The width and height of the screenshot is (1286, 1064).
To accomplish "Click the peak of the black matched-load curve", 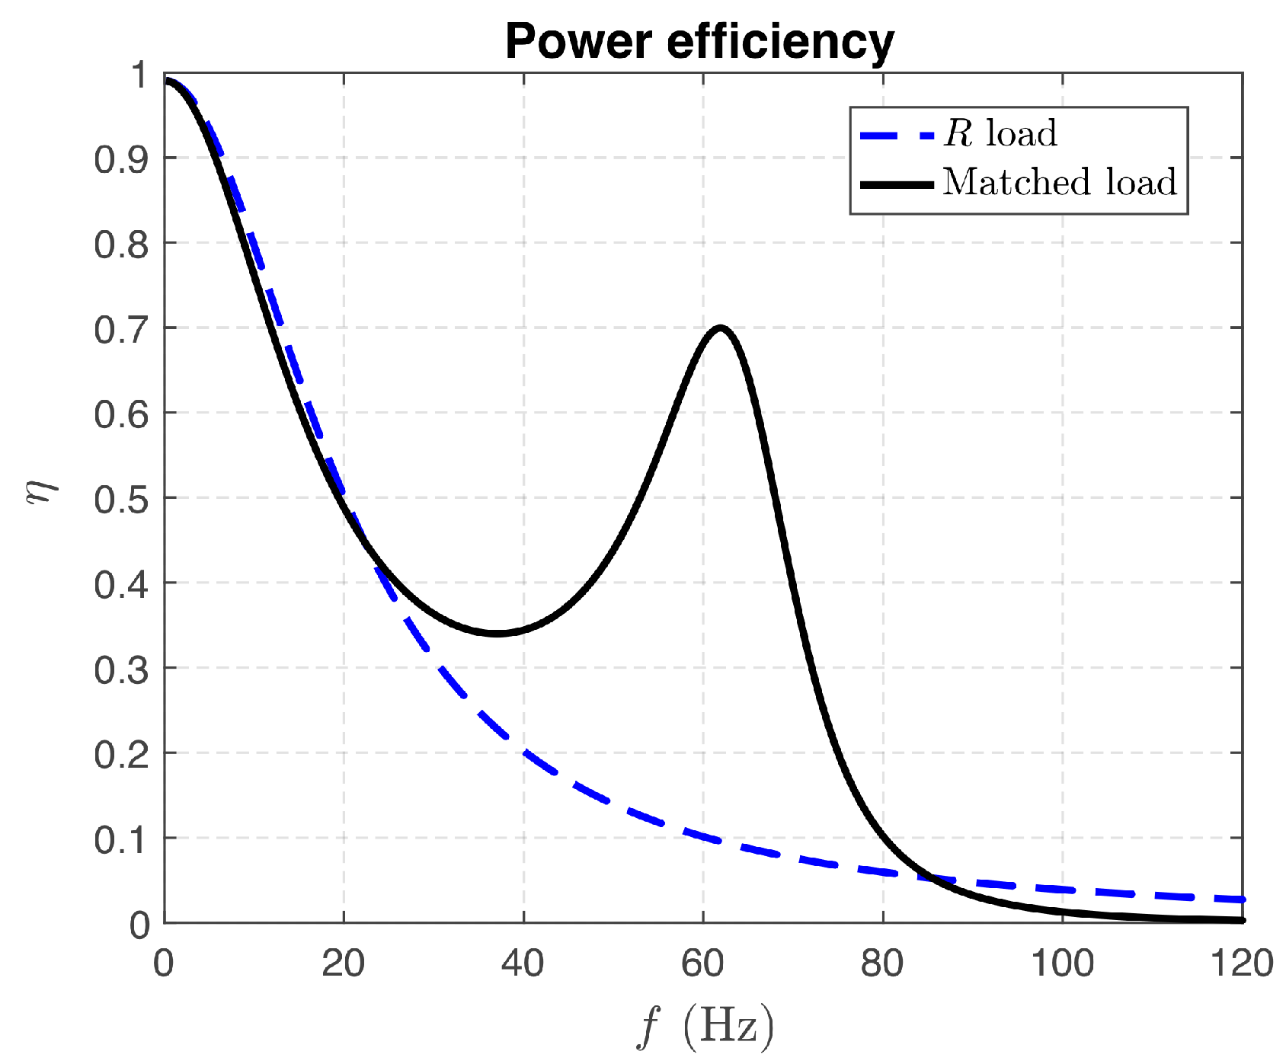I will [x=720, y=328].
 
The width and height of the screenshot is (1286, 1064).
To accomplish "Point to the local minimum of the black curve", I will [x=497, y=633].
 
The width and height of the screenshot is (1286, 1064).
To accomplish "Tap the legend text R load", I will [x=1000, y=134].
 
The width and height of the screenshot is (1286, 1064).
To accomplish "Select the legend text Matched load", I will [x=1060, y=183].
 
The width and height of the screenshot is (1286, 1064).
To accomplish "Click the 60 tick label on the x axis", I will [x=702, y=964].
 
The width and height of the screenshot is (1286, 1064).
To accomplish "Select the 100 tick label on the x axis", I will [x=1062, y=964].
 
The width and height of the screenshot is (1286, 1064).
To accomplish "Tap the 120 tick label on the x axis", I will [x=1242, y=964].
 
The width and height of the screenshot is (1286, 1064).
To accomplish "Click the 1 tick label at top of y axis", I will [x=139, y=75].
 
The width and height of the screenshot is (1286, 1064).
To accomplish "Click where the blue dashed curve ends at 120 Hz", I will [x=1242, y=899].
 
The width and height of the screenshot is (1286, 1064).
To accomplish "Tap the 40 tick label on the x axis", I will [x=523, y=964].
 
